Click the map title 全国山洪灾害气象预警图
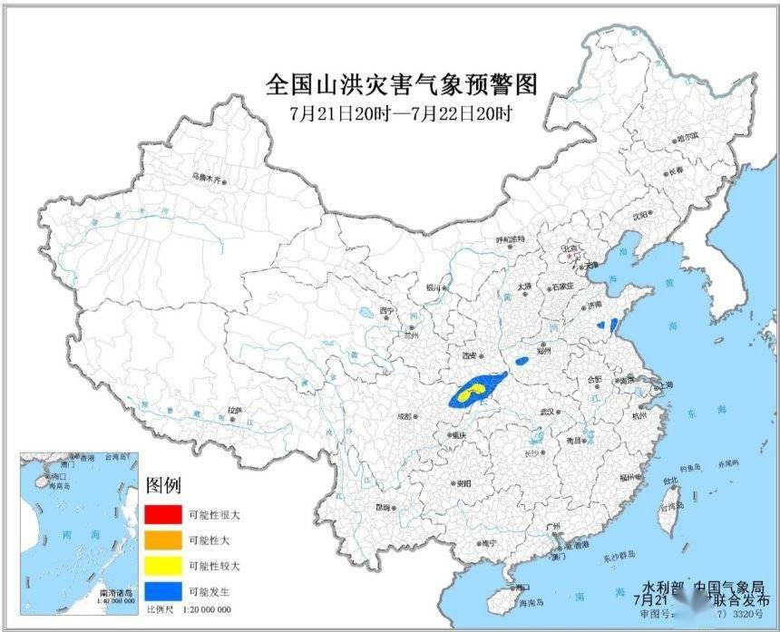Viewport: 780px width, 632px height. click(x=402, y=84)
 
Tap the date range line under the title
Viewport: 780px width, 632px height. click(x=402, y=114)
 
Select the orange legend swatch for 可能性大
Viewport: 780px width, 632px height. click(x=161, y=540)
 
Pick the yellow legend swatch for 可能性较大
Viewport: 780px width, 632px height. click(x=161, y=566)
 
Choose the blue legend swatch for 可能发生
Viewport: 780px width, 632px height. click(x=161, y=591)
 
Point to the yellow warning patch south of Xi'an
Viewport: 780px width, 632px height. click(x=469, y=394)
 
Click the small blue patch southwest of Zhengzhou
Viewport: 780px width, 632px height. click(x=522, y=361)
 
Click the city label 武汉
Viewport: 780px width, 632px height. click(x=547, y=412)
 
